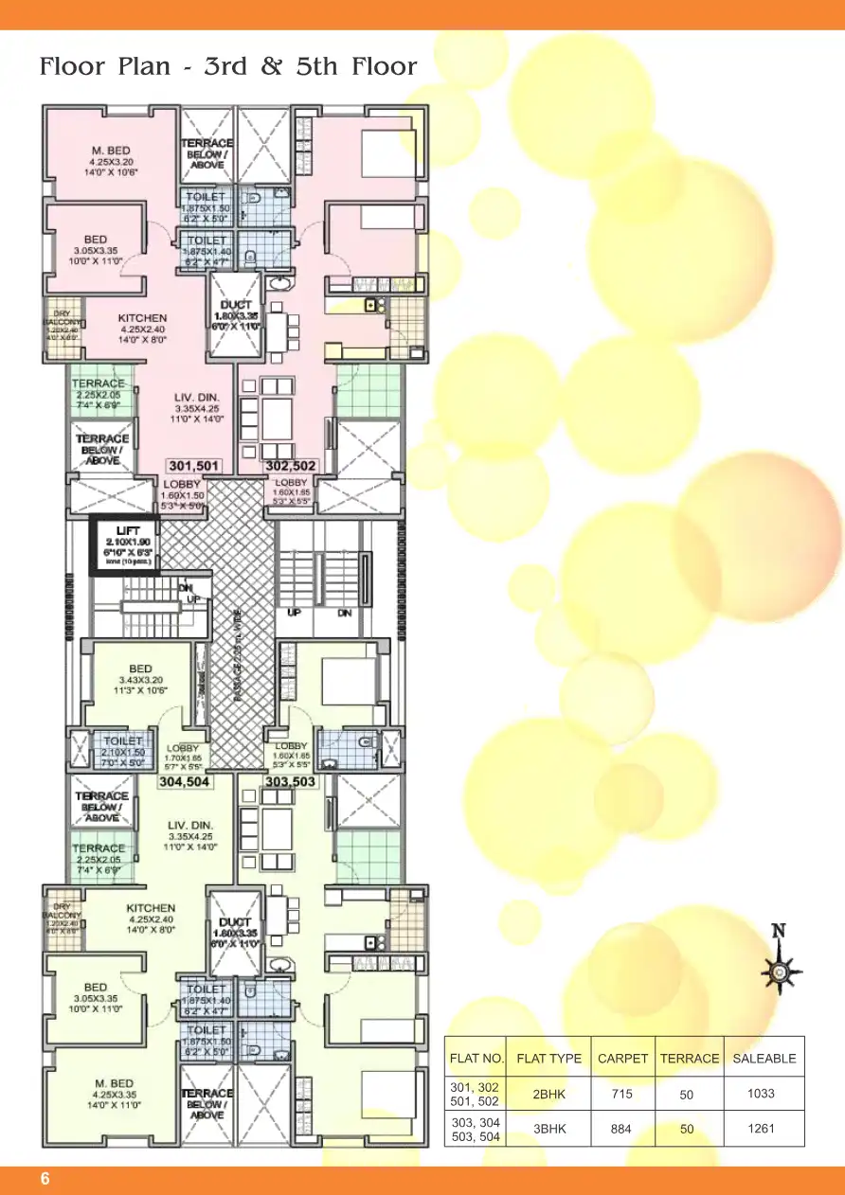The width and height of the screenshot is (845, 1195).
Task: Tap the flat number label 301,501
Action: [194, 466]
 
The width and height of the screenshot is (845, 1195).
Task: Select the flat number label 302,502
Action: [291, 466]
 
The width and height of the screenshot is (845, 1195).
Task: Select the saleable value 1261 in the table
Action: [761, 1128]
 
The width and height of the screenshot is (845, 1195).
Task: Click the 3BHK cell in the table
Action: [549, 1128]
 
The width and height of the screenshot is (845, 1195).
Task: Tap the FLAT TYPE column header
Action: [549, 1058]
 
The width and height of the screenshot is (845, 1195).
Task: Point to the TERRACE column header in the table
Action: [690, 1058]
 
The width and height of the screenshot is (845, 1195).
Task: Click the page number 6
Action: [44, 1179]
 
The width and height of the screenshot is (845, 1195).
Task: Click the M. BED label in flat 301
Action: [110, 151]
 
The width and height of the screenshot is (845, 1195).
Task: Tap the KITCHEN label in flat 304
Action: [151, 908]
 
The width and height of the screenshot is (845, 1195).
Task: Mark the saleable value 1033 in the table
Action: [761, 1093]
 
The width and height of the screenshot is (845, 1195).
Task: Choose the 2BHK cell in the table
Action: [549, 1094]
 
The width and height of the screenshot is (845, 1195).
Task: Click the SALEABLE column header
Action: [764, 1058]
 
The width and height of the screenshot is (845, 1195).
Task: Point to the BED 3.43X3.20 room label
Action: [139, 669]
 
